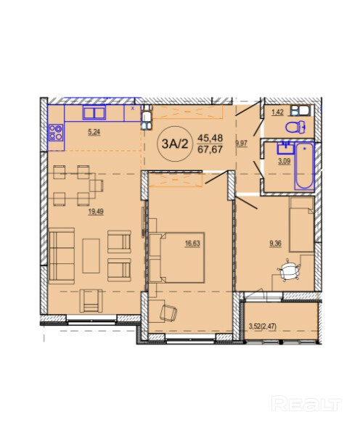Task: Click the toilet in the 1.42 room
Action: click(295, 127)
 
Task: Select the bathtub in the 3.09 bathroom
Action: click(304, 166)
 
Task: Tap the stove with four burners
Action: click(56, 133)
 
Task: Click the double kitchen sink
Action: click(94, 112)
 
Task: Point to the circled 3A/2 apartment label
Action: click(175, 144)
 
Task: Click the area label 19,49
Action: click(96, 212)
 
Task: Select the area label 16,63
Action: click(192, 243)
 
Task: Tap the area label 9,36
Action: click(275, 243)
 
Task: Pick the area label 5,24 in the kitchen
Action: click(94, 133)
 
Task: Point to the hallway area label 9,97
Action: click(242, 144)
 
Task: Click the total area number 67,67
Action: click(210, 149)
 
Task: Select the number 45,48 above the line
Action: click(210, 138)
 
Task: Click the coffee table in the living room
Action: click(91, 255)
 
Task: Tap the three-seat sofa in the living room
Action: click(62, 255)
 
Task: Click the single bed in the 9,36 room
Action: click(301, 224)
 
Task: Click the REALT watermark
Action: click(306, 404)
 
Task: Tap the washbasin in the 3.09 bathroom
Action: click(286, 149)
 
